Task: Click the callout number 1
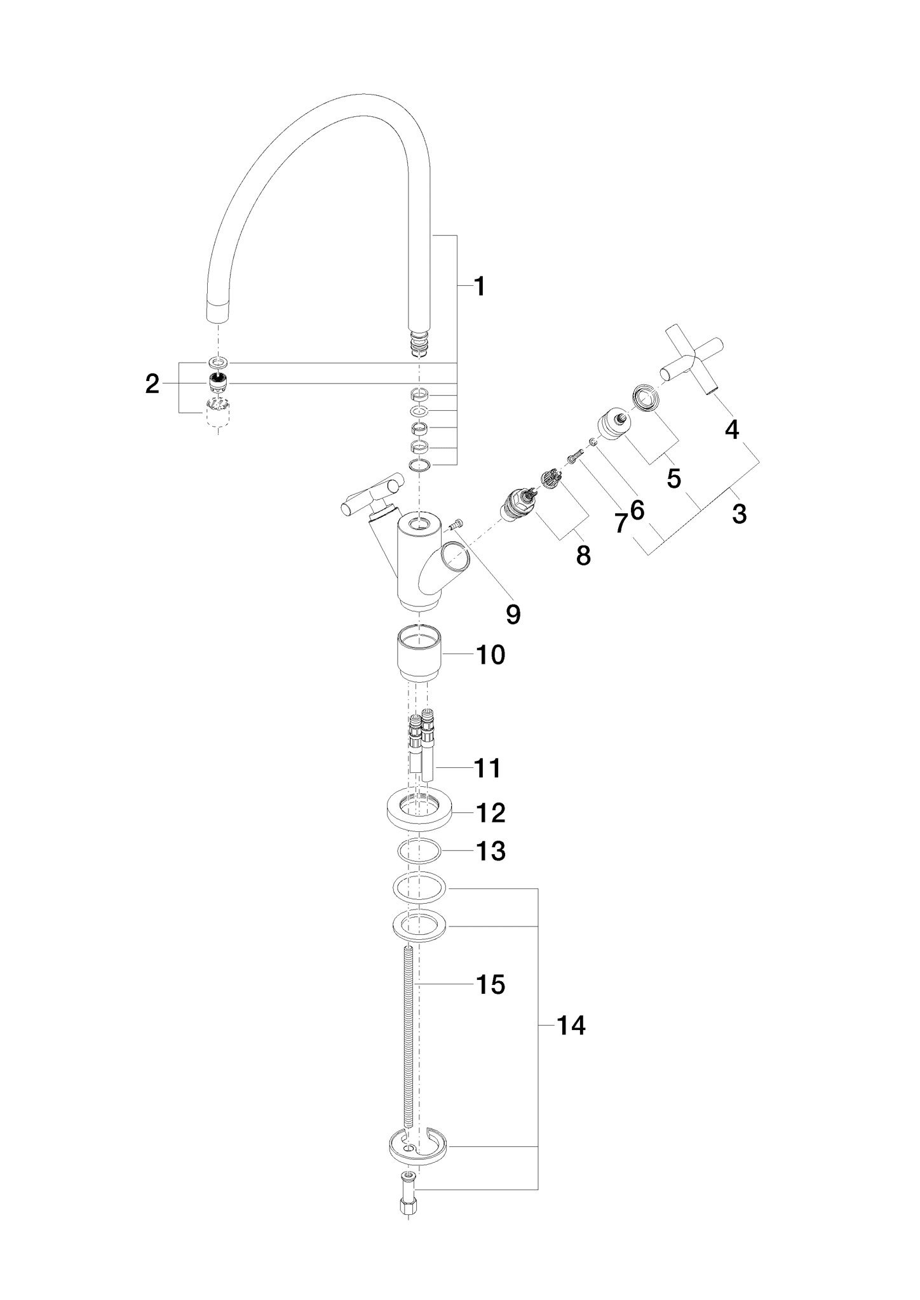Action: (480, 286)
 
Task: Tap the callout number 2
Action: (152, 384)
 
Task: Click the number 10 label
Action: (491, 655)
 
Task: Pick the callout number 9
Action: (513, 614)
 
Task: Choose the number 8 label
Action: (583, 556)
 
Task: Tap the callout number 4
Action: (732, 430)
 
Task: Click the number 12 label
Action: (491, 812)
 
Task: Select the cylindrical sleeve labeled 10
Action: (420, 652)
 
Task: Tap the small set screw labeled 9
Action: (456, 524)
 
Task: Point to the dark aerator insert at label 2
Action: (218, 382)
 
